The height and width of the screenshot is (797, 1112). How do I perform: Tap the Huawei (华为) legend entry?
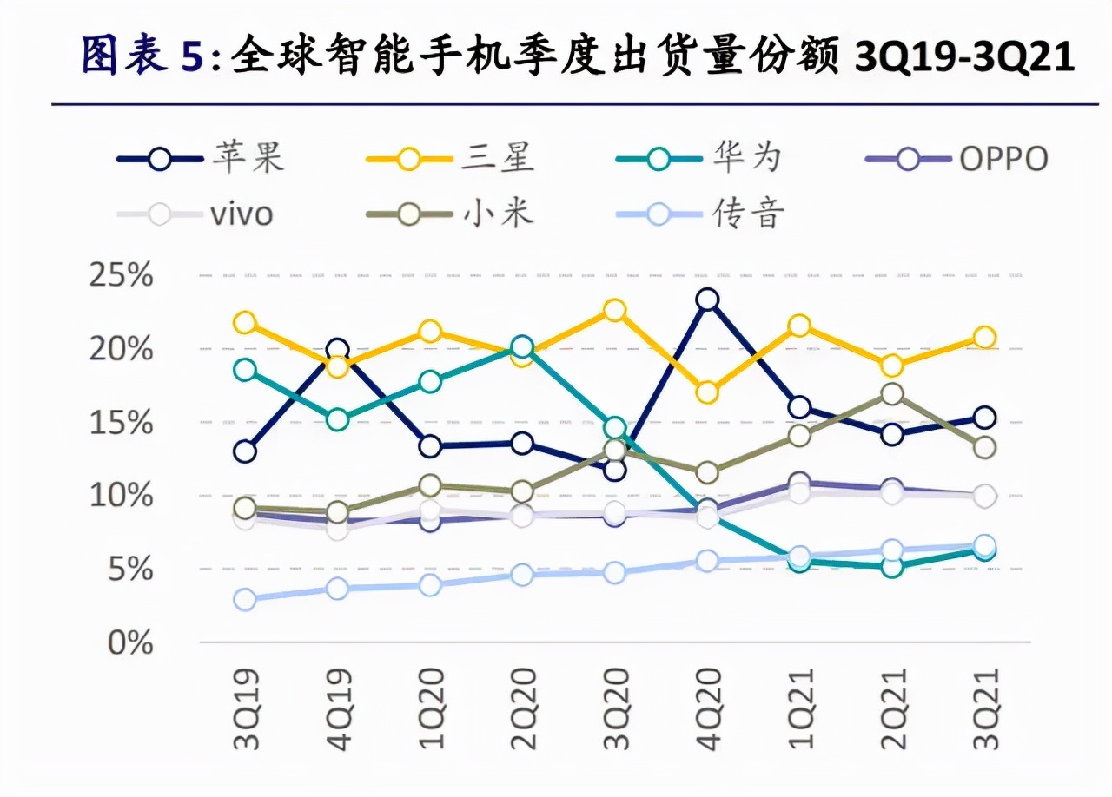(x=698, y=158)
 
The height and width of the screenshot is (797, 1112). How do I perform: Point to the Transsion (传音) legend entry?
(x=698, y=213)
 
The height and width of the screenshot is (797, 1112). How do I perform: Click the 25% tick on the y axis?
(x=121, y=276)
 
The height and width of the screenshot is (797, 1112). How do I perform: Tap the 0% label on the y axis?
(x=130, y=643)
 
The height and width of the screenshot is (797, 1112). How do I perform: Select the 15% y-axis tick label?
(x=121, y=423)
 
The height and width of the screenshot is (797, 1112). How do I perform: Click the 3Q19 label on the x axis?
(x=245, y=708)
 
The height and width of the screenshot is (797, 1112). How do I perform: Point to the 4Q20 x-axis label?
(x=707, y=708)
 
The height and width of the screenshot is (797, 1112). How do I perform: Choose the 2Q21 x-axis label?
(x=891, y=708)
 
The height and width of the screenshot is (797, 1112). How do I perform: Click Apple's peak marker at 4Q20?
(x=707, y=300)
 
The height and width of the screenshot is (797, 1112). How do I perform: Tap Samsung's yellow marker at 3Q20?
(x=614, y=310)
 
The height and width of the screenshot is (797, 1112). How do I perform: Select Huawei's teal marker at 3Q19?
(x=245, y=370)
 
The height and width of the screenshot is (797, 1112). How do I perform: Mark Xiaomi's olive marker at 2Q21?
(x=891, y=394)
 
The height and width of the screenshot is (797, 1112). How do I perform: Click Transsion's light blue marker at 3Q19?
(x=245, y=600)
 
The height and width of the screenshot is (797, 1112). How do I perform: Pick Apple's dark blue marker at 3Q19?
(x=245, y=451)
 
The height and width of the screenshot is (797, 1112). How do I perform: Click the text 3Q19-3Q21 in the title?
(x=964, y=56)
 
